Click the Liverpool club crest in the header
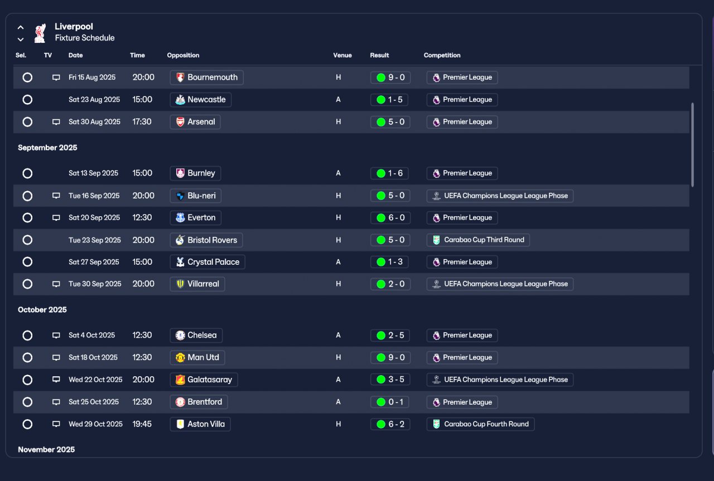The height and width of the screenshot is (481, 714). (x=40, y=33)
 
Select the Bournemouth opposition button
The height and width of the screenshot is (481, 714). (x=206, y=77)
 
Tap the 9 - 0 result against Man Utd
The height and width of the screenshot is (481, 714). (x=390, y=357)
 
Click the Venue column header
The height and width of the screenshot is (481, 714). (x=342, y=55)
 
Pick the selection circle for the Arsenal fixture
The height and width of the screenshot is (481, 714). (x=27, y=122)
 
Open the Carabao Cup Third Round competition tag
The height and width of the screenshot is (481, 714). (x=478, y=240)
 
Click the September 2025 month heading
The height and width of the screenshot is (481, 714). (x=47, y=148)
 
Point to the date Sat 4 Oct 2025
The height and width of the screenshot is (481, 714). (x=92, y=335)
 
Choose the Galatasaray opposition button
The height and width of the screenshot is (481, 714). (x=204, y=380)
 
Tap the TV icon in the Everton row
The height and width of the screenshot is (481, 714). (x=56, y=218)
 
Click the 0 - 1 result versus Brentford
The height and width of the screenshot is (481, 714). (x=389, y=402)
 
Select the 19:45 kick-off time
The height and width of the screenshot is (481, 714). (x=142, y=424)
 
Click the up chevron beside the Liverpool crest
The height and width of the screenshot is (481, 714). (x=21, y=27)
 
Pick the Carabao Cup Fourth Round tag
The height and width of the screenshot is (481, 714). (x=480, y=424)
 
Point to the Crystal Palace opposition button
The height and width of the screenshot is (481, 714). (x=208, y=262)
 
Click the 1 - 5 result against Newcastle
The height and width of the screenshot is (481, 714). (x=389, y=100)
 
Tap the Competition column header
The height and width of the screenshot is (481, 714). (x=442, y=55)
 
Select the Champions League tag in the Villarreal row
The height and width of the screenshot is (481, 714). (x=500, y=284)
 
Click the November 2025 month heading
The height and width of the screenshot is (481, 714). (x=46, y=449)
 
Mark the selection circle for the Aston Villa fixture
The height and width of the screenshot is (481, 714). (x=27, y=424)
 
